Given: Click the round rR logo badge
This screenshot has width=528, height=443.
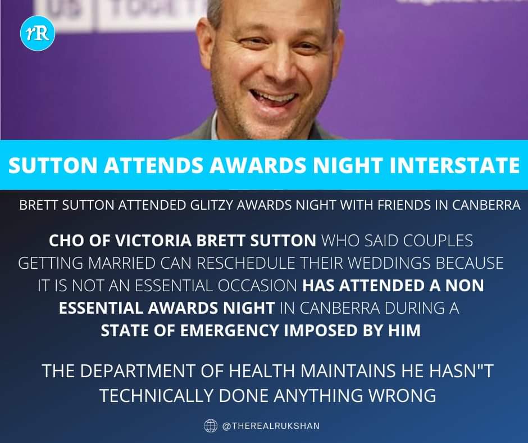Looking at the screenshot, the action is (x=38, y=34).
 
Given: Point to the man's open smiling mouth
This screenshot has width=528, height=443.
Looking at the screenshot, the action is (x=274, y=99).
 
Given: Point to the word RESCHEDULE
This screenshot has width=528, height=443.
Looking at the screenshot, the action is (x=246, y=263).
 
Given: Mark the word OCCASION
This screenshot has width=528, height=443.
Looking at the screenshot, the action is (x=257, y=286).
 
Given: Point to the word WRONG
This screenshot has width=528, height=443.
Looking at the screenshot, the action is (x=402, y=395).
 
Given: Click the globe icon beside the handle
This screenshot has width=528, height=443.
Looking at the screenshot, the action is (x=211, y=426).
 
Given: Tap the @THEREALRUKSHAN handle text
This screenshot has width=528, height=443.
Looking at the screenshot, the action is (x=271, y=426).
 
